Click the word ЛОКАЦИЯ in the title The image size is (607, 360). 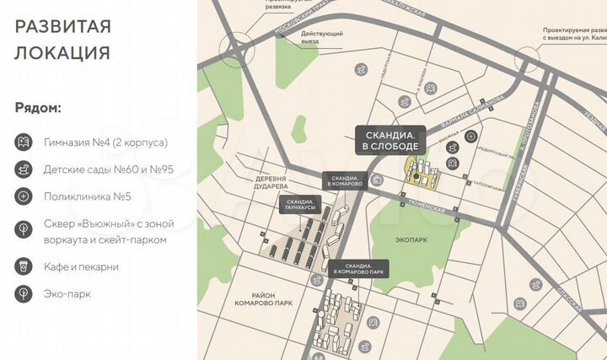tap(62, 52)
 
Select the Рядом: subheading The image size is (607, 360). tap(38, 109)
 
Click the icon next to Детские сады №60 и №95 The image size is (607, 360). tap(24, 169)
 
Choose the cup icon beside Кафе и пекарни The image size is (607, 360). tap(24, 266)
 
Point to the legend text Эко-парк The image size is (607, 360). tap(68, 294)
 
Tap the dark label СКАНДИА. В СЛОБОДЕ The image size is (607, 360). tap(390, 140)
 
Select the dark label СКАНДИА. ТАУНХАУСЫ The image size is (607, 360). tap(299, 206)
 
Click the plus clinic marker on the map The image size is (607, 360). tap(470, 136)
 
